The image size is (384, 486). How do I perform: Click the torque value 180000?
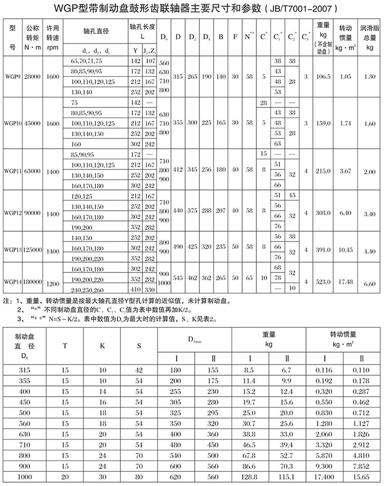(33, 281)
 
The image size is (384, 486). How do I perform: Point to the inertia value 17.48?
(347, 281)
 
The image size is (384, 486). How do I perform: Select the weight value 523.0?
(323, 281)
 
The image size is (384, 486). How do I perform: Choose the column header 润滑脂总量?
(370, 37)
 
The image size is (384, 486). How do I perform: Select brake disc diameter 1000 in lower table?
(24, 477)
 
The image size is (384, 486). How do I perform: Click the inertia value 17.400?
(324, 477)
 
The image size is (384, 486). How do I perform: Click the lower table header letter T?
(66, 343)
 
